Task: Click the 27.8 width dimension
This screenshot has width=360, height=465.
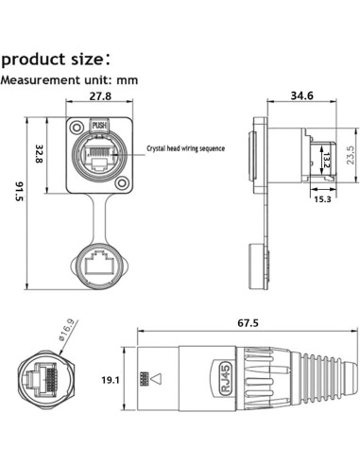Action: pyautogui.click(x=100, y=95)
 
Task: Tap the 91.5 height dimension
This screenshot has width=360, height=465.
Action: pyautogui.click(x=20, y=191)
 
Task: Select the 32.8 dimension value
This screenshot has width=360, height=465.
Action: pyautogui.click(x=39, y=154)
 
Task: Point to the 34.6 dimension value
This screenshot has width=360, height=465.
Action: pyautogui.click(x=301, y=95)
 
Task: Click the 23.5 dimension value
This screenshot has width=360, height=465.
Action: pyautogui.click(x=351, y=154)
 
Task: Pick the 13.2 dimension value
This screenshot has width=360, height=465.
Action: pyautogui.click(x=326, y=160)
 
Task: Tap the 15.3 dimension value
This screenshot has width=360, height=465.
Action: pyautogui.click(x=322, y=199)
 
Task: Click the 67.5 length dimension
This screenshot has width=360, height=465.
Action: pyautogui.click(x=248, y=323)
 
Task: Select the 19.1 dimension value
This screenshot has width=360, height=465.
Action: pyautogui.click(x=111, y=380)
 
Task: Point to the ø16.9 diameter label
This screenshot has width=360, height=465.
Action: pyautogui.click(x=66, y=329)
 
